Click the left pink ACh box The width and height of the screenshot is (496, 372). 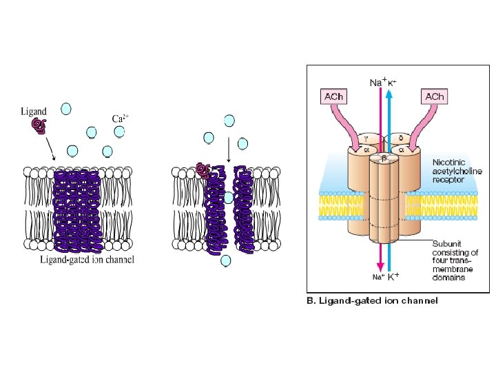tap(333, 96)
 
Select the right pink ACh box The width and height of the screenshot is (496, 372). tap(435, 96)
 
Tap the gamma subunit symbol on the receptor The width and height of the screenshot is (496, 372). tap(366, 137)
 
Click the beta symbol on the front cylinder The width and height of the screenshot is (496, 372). tap(382, 158)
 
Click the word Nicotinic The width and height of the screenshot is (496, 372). tap(448, 162)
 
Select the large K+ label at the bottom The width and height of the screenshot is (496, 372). tap(393, 277)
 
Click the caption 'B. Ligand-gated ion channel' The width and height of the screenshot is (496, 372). tap(371, 301)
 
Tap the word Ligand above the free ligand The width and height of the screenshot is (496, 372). tap(34, 110)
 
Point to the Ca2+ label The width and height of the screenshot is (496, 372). tap(121, 118)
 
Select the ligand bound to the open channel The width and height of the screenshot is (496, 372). tap(203, 170)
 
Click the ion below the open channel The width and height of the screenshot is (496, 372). tap(225, 260)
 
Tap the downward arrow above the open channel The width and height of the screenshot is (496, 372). tap(227, 149)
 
